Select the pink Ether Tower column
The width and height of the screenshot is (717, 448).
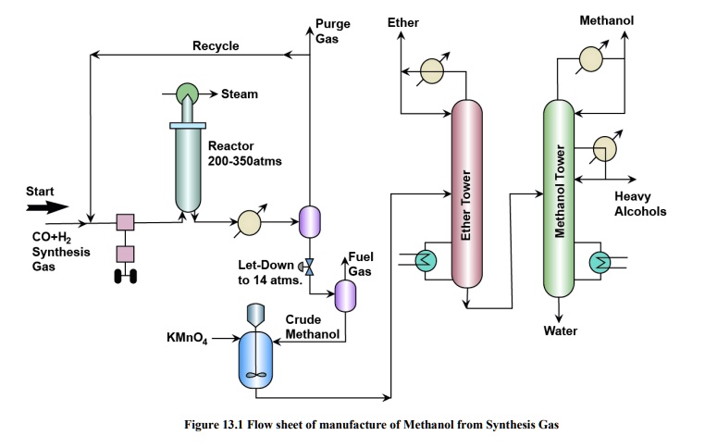coord(467,193)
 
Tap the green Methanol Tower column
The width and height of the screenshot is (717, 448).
coord(560,193)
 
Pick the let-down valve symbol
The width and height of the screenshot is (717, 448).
coord(311,266)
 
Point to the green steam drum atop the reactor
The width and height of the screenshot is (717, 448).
coord(188,93)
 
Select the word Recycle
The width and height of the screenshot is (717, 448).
coord(216,45)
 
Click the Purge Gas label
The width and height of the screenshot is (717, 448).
coord(332,30)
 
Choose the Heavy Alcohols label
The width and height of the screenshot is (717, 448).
coord(639,204)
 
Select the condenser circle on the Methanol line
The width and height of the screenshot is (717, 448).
coord(590,60)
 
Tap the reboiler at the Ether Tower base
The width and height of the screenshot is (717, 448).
coord(426,261)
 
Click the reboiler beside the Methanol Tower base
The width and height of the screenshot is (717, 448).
coord(602,263)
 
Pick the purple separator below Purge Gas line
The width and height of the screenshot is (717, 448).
coord(309,220)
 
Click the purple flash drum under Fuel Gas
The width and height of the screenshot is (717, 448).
coord(344,293)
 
